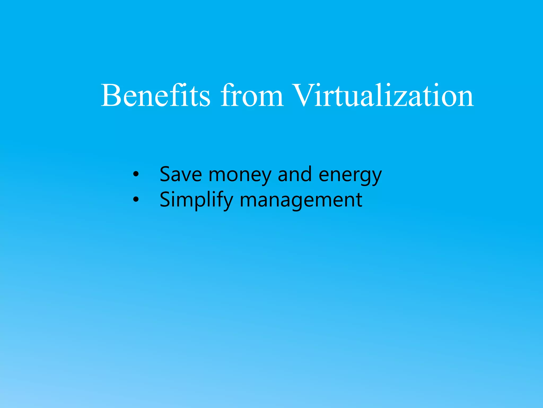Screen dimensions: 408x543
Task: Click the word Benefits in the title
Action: pyautogui.click(x=156, y=96)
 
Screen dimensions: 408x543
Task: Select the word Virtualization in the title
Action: pyautogui.click(x=383, y=96)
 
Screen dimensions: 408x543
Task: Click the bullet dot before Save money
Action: pyautogui.click(x=136, y=174)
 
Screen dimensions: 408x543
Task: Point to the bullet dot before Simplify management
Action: pyautogui.click(x=136, y=199)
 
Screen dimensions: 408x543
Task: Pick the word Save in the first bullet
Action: pyautogui.click(x=181, y=174)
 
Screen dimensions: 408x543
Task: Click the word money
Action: pyautogui.click(x=240, y=175)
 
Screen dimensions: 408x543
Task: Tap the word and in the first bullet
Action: pyautogui.click(x=295, y=174)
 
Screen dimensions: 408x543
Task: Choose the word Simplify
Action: pyautogui.click(x=196, y=200)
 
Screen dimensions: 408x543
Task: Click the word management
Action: pyautogui.click(x=301, y=201)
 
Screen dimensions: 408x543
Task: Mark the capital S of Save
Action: pyautogui.click(x=165, y=174)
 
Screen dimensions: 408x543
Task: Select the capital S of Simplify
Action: pyautogui.click(x=165, y=199)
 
